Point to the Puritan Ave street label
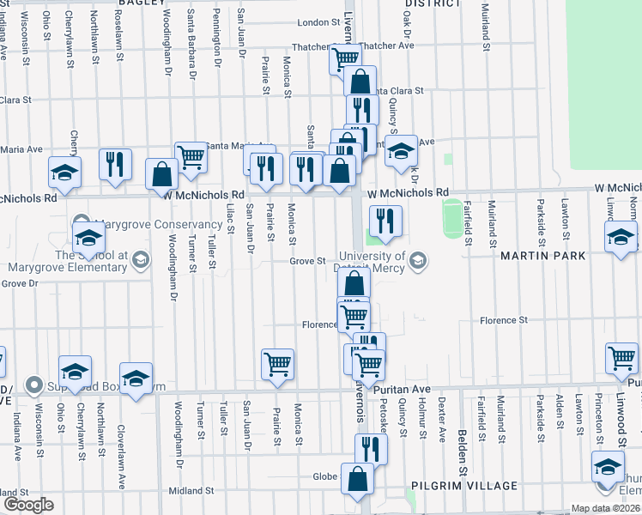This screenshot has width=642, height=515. [x=403, y=389]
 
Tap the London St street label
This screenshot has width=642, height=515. [x=319, y=23]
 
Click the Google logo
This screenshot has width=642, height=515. [x=27, y=505]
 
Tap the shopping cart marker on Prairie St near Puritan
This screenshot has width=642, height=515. [x=277, y=364]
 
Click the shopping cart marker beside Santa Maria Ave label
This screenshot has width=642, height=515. [x=191, y=157]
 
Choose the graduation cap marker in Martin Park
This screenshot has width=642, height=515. [x=621, y=239]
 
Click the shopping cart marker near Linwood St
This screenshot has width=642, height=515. [x=621, y=359]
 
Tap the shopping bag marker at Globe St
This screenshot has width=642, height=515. [x=358, y=478]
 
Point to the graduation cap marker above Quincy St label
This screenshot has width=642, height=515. [x=401, y=151]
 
